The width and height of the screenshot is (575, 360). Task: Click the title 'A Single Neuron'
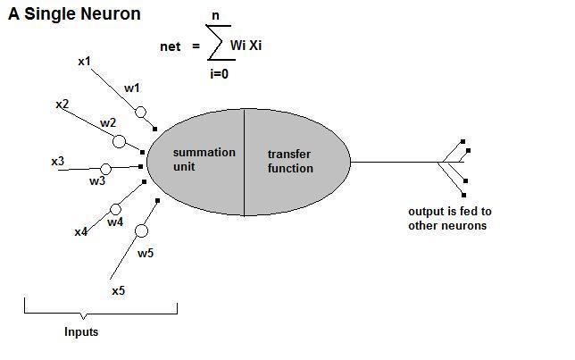(x=75, y=15)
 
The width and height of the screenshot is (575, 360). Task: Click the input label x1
(x=84, y=62)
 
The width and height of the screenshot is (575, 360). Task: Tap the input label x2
(x=62, y=105)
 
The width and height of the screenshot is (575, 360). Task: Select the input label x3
(x=57, y=162)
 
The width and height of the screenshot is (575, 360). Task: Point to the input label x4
(x=80, y=232)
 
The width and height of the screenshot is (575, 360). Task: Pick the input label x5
(x=118, y=291)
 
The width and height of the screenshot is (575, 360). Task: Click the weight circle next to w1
(x=140, y=113)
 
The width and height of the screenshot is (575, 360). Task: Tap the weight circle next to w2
(x=119, y=141)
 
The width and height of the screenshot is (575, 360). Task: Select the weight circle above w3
(x=105, y=169)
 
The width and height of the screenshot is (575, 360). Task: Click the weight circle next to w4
(x=116, y=211)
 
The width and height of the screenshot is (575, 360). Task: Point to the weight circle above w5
(x=141, y=231)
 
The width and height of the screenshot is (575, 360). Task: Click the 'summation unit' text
(x=204, y=159)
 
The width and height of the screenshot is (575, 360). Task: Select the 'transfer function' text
(x=290, y=161)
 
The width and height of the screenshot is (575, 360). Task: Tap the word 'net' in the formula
(x=170, y=46)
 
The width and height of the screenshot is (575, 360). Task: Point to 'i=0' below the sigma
(x=220, y=74)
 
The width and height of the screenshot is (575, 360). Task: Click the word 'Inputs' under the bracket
(x=81, y=332)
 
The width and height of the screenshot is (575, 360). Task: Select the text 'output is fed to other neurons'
(x=450, y=219)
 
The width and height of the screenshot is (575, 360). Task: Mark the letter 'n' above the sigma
(x=215, y=15)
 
